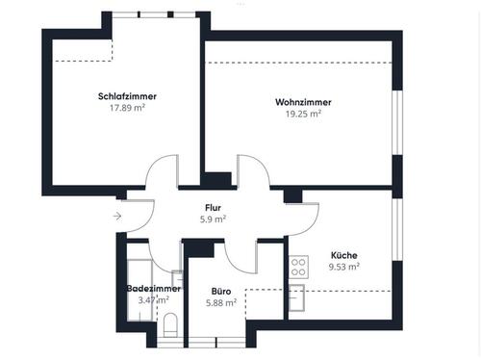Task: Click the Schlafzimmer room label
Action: coord(127,96)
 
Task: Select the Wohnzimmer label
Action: coord(297,101)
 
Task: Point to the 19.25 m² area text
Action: coord(297,113)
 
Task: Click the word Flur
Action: coord(213,208)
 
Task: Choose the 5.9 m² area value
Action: coord(213,219)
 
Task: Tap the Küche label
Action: coord(343,254)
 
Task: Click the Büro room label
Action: coord(222,290)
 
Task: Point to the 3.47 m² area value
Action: coord(154,300)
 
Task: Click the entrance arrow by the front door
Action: coord(117,216)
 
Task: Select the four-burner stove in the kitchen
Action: coord(297,266)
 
